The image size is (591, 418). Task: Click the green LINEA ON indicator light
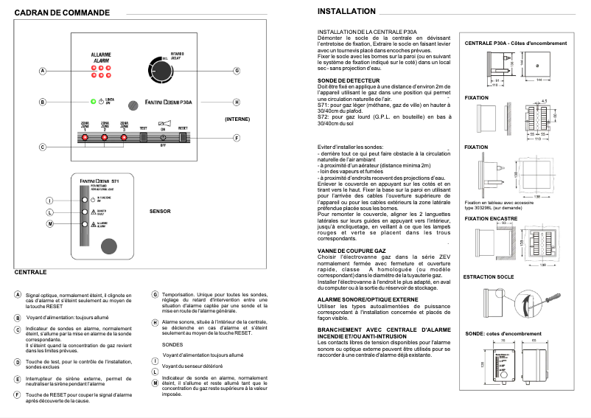point(93,101)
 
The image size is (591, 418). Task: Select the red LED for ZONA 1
point(85,138)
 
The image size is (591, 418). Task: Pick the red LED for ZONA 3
point(123,138)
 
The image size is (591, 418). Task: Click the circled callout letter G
point(237,71)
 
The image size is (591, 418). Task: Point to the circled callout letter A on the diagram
point(42,71)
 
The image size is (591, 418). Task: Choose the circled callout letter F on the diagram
point(237,138)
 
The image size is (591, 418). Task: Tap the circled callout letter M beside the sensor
point(50,223)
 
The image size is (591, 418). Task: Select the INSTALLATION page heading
point(346,13)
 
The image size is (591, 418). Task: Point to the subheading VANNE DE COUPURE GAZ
point(352,251)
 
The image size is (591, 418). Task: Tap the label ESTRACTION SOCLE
point(488,277)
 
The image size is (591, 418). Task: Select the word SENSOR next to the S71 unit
point(160,211)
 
